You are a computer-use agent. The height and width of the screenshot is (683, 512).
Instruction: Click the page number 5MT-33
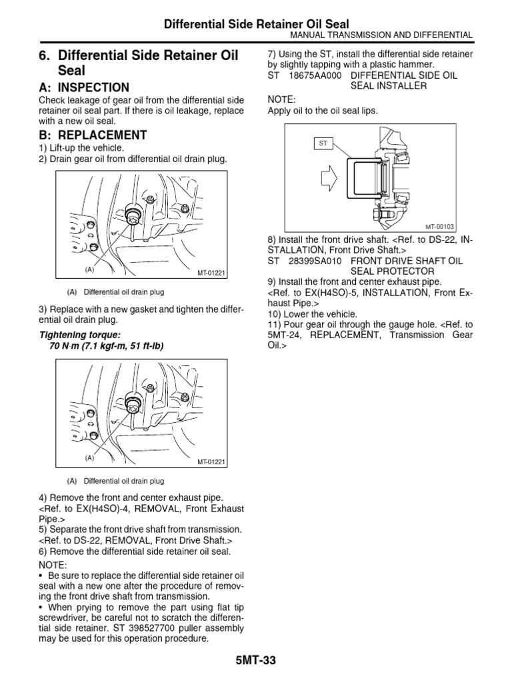(256, 660)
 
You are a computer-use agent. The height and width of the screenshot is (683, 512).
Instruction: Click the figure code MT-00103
(439, 227)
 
